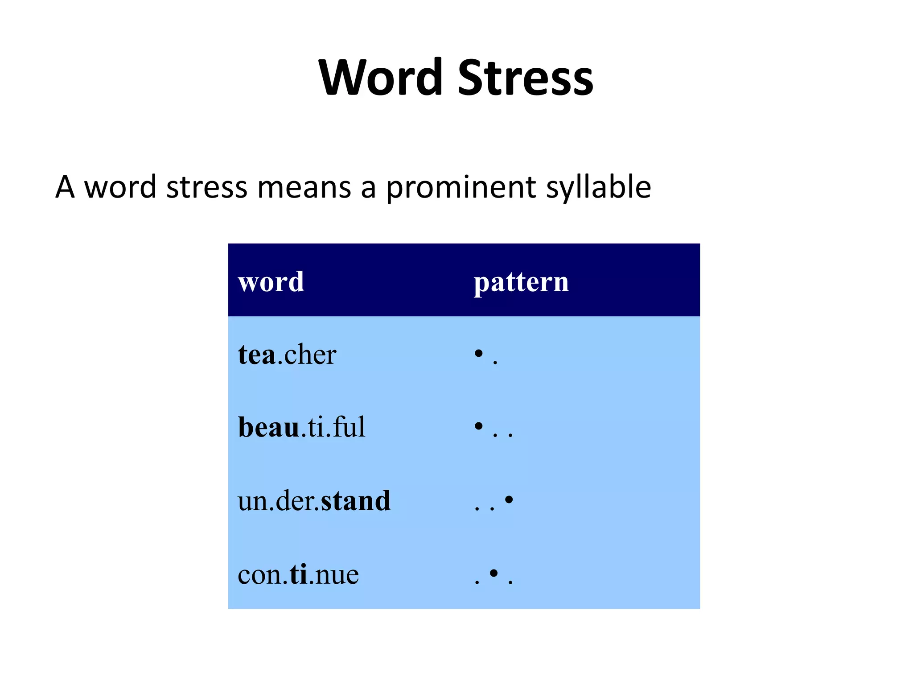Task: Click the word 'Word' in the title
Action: click(x=381, y=78)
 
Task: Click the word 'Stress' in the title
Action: click(x=526, y=78)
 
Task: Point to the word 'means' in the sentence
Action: click(x=304, y=187)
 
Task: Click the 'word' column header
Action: click(x=271, y=282)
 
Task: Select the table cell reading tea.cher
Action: click(x=287, y=355)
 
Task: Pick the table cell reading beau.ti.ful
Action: click(x=302, y=427)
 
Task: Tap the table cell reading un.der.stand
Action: click(x=314, y=500)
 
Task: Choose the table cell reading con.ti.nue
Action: click(x=298, y=574)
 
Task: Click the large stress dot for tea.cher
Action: click(x=479, y=354)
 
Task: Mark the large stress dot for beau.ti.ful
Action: click(x=479, y=426)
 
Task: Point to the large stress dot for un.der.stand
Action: click(x=509, y=499)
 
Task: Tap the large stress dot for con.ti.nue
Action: click(x=494, y=573)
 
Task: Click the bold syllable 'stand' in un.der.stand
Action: click(x=356, y=500)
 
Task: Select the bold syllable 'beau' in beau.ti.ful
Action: click(x=269, y=427)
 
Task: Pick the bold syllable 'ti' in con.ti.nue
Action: click(x=298, y=574)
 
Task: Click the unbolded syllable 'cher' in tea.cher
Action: click(x=310, y=355)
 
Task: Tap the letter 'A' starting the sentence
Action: click(x=65, y=187)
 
